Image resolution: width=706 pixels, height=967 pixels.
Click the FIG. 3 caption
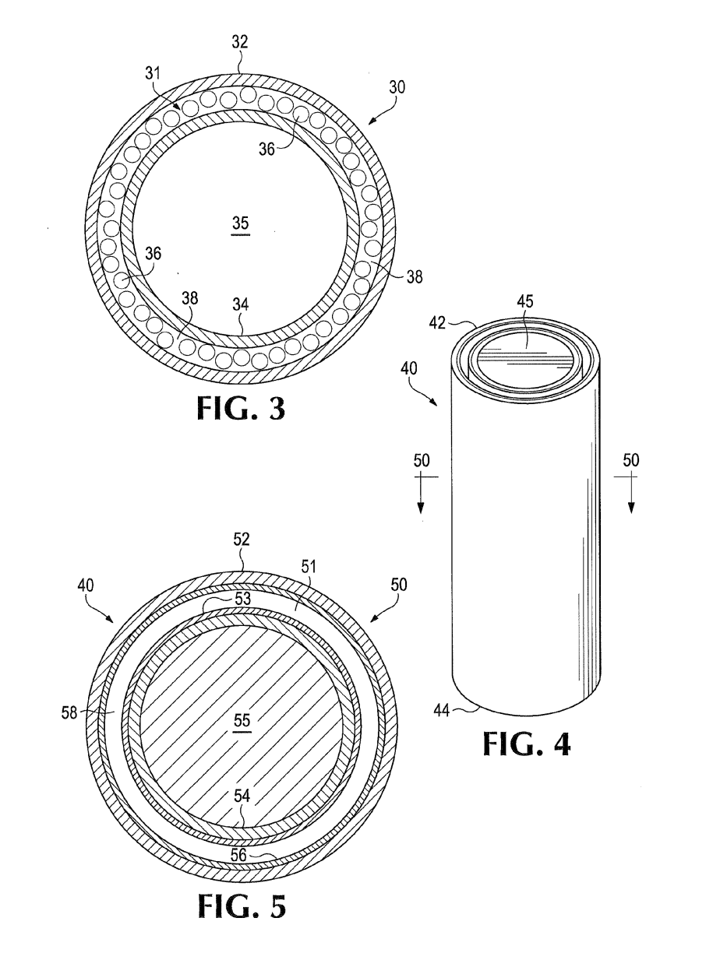pos(241,408)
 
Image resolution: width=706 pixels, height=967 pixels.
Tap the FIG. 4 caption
pos(526,744)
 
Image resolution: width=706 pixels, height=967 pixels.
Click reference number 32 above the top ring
pos(240,42)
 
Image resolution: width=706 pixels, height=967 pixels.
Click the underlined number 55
pos(242,720)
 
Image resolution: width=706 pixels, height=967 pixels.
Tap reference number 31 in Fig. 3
pos(153,73)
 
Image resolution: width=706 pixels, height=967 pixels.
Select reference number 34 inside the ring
pos(240,304)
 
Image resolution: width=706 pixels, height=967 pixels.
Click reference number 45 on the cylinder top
pos(525,301)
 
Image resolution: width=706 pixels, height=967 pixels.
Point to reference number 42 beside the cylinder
pos(437,322)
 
